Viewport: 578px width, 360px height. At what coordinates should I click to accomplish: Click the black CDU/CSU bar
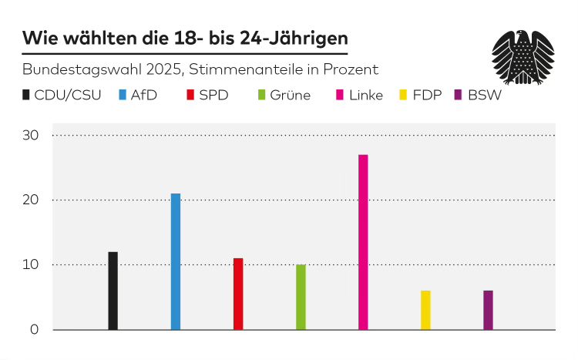pyautogui.click(x=113, y=291)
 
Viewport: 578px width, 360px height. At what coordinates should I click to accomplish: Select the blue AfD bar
pyautogui.click(x=176, y=261)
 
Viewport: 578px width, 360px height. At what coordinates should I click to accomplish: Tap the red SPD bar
pyautogui.click(x=238, y=294)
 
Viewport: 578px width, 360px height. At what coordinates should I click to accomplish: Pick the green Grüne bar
pyautogui.click(x=301, y=297)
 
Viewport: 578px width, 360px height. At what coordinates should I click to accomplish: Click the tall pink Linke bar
pyautogui.click(x=363, y=242)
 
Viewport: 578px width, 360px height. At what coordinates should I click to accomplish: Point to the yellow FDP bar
pyautogui.click(x=425, y=310)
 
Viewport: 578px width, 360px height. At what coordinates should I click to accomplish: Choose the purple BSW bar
pyautogui.click(x=488, y=310)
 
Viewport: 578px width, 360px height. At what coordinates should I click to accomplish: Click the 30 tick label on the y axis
pyautogui.click(x=32, y=136)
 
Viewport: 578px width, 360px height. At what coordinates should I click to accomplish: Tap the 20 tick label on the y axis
pyautogui.click(x=32, y=200)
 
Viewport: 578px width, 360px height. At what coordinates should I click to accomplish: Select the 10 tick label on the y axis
pyautogui.click(x=32, y=265)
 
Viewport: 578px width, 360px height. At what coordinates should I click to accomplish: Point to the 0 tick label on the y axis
pyautogui.click(x=35, y=330)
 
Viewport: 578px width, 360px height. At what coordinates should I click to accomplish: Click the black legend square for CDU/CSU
pyautogui.click(x=27, y=96)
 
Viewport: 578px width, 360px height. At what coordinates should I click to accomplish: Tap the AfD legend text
pyautogui.click(x=146, y=96)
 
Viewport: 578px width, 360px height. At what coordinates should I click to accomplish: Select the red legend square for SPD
pyautogui.click(x=190, y=96)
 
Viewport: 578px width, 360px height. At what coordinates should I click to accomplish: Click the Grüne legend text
pyautogui.click(x=291, y=96)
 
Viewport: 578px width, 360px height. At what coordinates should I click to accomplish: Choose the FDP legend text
pyautogui.click(x=427, y=96)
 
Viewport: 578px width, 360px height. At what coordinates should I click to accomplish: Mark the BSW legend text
pyautogui.click(x=484, y=96)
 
